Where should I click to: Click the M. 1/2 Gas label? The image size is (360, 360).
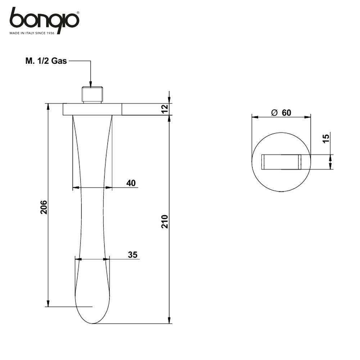coord(46,61)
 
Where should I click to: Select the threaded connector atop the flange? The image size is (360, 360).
coord(93,94)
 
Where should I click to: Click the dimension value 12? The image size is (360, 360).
coord(165,109)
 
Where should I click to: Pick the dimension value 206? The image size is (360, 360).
coord(44,207)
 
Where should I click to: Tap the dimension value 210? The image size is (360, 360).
coord(165,221)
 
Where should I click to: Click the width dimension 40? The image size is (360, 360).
coord(131,183)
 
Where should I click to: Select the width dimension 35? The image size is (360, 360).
coord(132,255)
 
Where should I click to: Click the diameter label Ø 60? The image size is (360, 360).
coord(281,113)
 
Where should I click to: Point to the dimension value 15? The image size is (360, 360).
coord(326,139)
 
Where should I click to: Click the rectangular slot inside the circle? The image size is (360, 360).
coord(281,162)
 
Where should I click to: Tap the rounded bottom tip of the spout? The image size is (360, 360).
coord(93,321)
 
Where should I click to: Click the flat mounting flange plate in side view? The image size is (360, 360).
coord(93,109)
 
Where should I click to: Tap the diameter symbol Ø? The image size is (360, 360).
coord(274,113)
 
